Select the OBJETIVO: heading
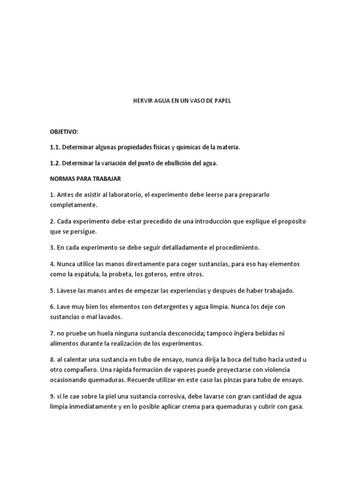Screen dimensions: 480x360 (x=64, y=132)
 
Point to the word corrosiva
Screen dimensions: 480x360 (x=180, y=396)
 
